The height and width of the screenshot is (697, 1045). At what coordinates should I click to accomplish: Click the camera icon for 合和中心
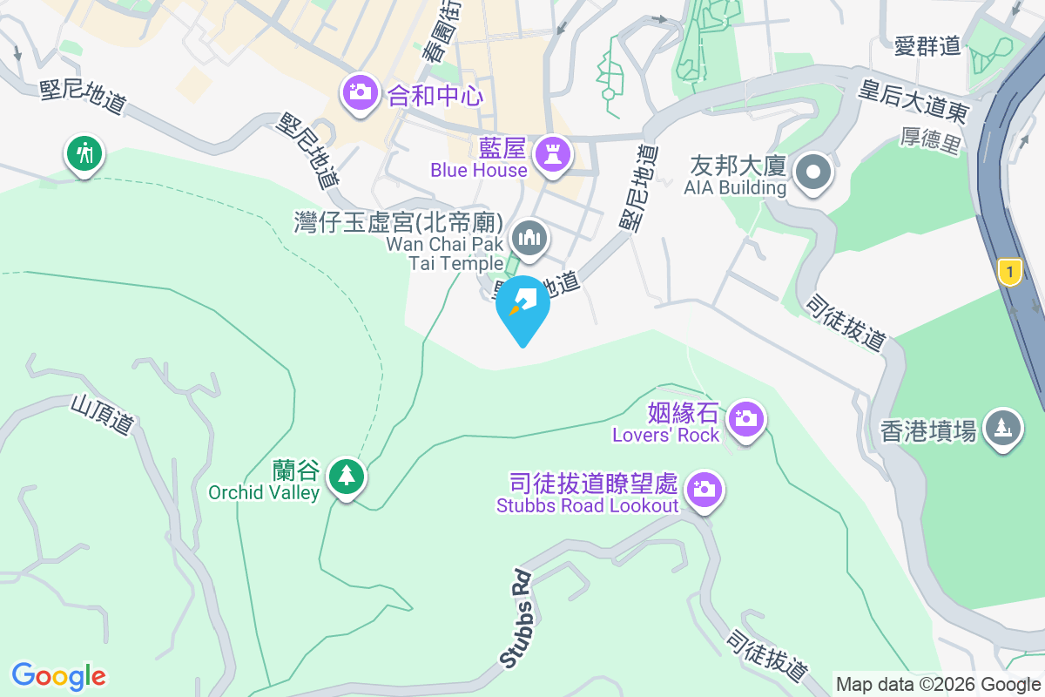point(359,91)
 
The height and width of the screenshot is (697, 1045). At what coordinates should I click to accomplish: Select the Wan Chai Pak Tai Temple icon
point(528,236)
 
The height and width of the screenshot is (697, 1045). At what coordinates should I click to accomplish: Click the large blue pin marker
point(522,307)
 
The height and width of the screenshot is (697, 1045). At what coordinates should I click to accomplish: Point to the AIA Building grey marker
point(813,172)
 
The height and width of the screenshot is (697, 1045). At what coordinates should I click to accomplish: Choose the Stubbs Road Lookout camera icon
point(704,489)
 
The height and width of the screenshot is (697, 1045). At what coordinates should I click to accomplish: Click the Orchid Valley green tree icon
point(347,476)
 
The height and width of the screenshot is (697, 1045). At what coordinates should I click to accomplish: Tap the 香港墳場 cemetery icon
point(1002,427)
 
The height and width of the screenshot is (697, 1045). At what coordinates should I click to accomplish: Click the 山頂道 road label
point(104,414)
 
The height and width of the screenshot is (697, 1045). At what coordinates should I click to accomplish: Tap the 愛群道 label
point(927,45)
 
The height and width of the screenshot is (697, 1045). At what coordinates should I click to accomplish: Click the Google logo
point(58,675)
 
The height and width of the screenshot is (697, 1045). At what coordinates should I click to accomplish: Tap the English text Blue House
point(478,171)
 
